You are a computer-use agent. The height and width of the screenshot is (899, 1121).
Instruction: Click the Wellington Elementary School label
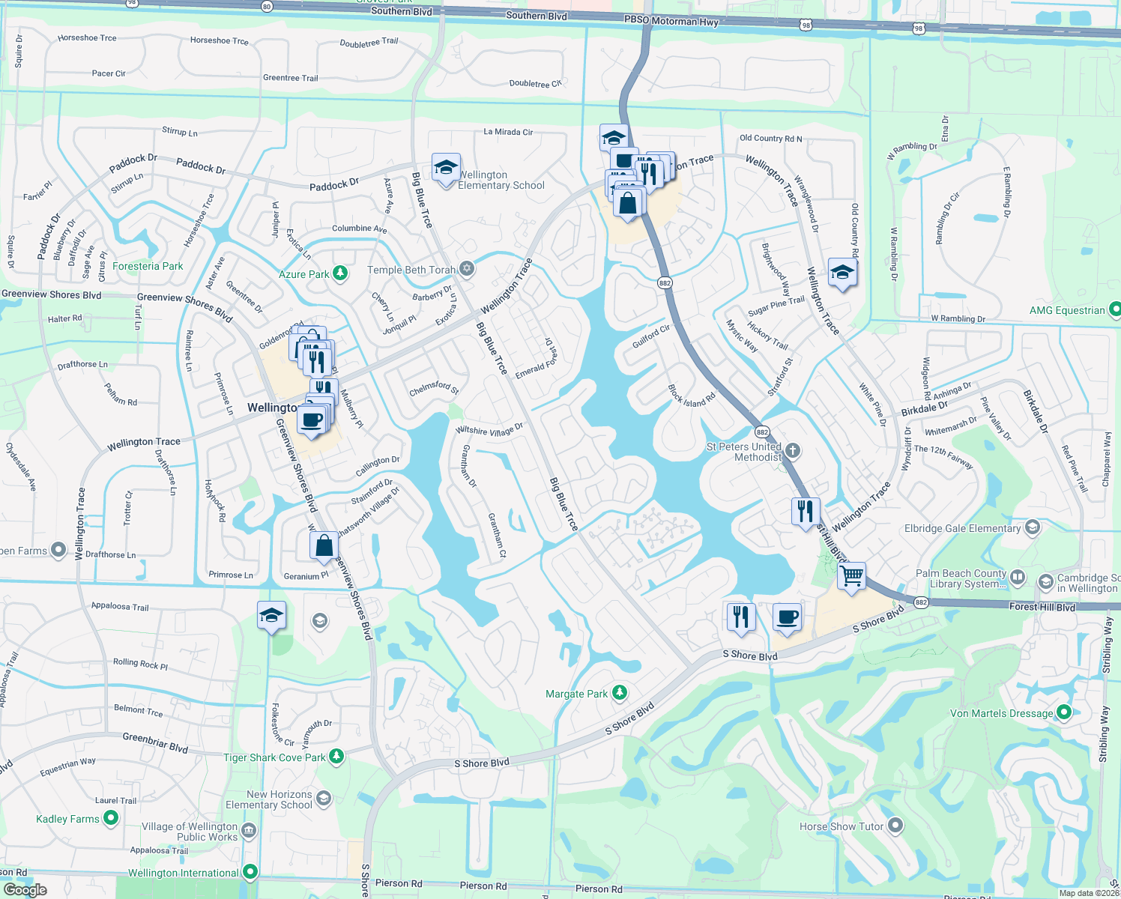tap(501, 180)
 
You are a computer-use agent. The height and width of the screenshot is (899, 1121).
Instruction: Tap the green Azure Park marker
tap(340, 273)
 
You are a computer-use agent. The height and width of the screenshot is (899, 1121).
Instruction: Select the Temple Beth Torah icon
tap(467, 269)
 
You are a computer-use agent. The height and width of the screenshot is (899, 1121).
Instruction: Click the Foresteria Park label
tap(148, 266)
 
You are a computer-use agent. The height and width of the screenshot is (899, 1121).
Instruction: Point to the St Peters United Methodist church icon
tap(793, 450)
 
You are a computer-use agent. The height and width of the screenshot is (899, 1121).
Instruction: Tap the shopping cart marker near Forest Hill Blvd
tap(851, 577)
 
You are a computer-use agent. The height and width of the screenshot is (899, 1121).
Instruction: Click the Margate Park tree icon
tap(619, 693)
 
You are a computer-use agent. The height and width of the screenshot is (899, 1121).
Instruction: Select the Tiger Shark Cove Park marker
tap(336, 757)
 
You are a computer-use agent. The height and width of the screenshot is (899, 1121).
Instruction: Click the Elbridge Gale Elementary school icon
tap(1032, 527)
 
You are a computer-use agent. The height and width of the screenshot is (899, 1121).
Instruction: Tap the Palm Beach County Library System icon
tap(1018, 577)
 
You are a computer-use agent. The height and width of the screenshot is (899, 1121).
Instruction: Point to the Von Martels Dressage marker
tap(1063, 712)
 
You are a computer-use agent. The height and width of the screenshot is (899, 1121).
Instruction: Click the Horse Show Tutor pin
tap(895, 826)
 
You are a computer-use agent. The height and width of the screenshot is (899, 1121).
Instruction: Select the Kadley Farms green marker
tap(111, 818)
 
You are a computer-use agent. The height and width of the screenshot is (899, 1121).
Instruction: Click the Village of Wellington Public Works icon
tap(249, 830)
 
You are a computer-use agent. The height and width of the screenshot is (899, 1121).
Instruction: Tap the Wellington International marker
tap(250, 872)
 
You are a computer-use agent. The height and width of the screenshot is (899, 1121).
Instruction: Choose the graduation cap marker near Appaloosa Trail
tap(271, 616)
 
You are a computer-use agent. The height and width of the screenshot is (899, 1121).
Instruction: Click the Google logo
tap(25, 889)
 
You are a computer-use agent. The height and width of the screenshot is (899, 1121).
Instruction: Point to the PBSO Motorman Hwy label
tap(671, 21)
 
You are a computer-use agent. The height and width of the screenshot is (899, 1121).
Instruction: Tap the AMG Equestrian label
tap(1066, 310)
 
